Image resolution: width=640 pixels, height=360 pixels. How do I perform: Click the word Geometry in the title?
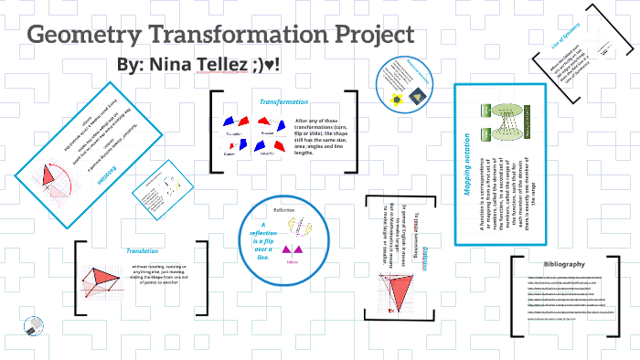pyautogui.click(x=86, y=37)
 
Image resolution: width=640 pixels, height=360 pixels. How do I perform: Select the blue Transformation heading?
pyautogui.click(x=283, y=101)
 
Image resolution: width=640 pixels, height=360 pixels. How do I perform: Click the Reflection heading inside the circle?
pyautogui.click(x=283, y=209)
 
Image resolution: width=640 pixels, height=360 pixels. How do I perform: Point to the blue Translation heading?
pyautogui.click(x=143, y=250)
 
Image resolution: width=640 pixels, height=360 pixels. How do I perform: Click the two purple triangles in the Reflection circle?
pyautogui.click(x=293, y=250)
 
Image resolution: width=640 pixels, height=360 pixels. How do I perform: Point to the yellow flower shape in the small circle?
pyautogui.click(x=395, y=97)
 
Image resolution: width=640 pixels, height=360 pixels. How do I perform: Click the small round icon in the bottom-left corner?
pyautogui.click(x=34, y=326)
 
